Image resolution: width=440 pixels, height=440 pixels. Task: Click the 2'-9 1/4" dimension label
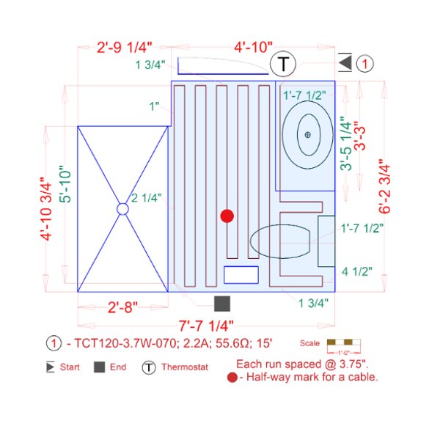coord(125,48)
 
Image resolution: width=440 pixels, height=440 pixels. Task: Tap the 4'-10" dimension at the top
coord(254,47)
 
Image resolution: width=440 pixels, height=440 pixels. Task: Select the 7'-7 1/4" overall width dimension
coord(206,326)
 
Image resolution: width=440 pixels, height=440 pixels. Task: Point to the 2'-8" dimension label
coord(123,307)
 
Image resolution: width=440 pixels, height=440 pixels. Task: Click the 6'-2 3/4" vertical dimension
coord(384,186)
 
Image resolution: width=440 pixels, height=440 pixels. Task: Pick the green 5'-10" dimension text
coord(65,184)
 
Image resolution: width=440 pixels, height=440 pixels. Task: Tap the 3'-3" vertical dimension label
coord(360,136)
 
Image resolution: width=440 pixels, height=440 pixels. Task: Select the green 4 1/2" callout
coord(357,271)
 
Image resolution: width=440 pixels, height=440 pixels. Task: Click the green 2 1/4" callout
coord(147,198)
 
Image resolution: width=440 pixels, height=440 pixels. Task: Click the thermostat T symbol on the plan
coord(283,64)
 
